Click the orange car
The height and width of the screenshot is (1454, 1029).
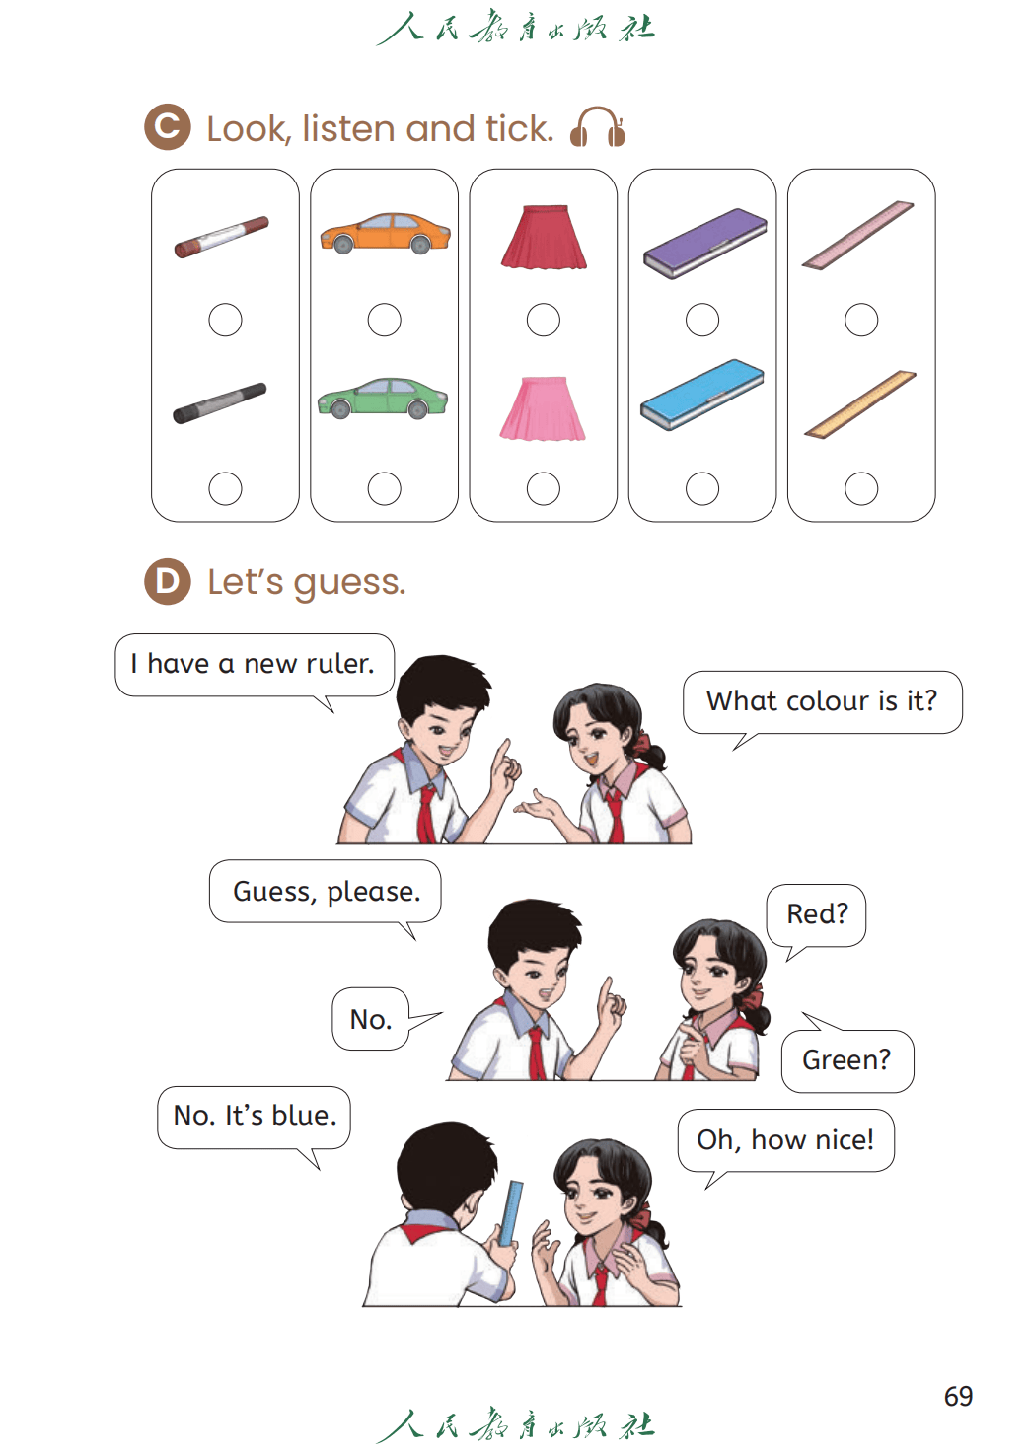385,233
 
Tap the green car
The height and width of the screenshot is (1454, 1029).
383,398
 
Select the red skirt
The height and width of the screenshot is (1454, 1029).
544,237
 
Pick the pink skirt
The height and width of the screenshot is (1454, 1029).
543,408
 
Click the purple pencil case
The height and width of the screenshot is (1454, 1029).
705,244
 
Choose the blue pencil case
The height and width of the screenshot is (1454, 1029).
702,395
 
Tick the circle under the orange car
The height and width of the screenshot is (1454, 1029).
385,320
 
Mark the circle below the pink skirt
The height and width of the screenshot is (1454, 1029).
544,489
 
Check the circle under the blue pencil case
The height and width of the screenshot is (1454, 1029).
702,489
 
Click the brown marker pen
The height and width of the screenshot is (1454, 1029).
221,237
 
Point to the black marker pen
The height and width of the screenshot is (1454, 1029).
219,403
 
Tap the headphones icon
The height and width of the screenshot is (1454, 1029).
597,127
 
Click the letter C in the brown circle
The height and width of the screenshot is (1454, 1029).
168,126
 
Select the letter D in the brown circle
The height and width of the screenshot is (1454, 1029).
168,581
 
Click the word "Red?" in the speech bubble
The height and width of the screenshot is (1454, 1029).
817,914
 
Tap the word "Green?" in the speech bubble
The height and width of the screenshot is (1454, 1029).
846,1060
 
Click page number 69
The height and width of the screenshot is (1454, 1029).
958,1396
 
